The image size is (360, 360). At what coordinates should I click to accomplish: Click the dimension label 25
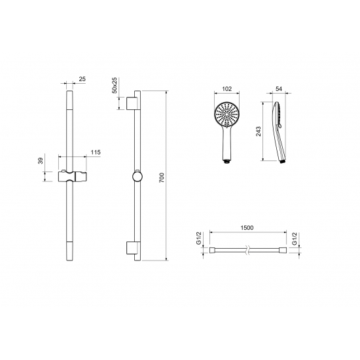pyautogui.click(x=82, y=79)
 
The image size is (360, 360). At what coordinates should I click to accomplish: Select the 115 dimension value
pyautogui.click(x=96, y=153)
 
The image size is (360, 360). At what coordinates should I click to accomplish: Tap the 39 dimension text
pyautogui.click(x=41, y=161)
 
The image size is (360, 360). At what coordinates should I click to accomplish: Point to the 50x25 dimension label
pyautogui.click(x=115, y=85)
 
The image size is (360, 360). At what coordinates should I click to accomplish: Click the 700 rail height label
pyautogui.click(x=162, y=177)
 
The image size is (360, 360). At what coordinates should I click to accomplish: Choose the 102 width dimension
pyautogui.click(x=227, y=89)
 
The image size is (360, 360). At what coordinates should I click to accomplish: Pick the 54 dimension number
pyautogui.click(x=278, y=89)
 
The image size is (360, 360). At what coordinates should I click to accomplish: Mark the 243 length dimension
pyautogui.click(x=259, y=132)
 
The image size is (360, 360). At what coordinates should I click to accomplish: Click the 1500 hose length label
pyautogui.click(x=247, y=228)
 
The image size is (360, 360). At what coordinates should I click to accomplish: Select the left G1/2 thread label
pyautogui.click(x=199, y=238)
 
